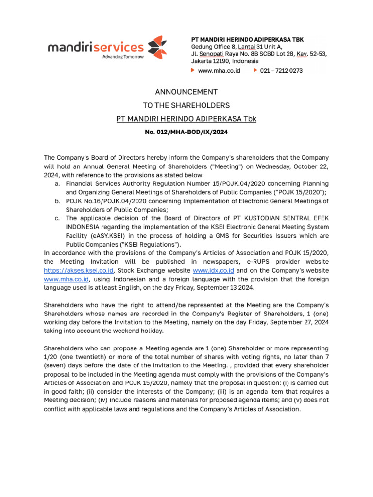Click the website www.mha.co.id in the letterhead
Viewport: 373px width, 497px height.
[x=219, y=71]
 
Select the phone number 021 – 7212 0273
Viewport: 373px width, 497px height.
[x=281, y=71]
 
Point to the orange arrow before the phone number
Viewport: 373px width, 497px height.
[x=255, y=71]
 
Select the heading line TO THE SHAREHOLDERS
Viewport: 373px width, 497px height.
[x=186, y=105]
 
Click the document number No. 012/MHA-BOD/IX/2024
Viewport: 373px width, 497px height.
[x=186, y=132]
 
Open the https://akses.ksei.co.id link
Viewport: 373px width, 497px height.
[x=78, y=270]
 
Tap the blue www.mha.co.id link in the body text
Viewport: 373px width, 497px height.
[x=66, y=279]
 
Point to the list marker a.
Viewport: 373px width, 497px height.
[x=58, y=184]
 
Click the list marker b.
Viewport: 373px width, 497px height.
[x=58, y=201]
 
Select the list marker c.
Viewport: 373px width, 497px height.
[x=58, y=219]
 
